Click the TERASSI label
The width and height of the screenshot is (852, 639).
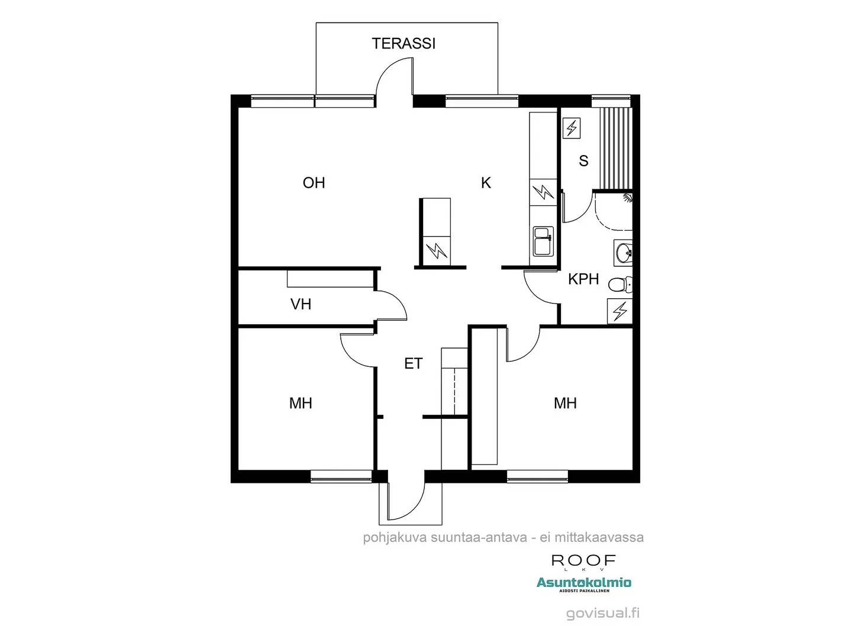(404, 43)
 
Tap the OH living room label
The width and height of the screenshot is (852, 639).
(314, 183)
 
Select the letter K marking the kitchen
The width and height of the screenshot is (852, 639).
(486, 183)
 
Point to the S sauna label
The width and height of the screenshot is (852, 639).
(583, 161)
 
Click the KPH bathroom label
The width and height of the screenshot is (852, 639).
(583, 279)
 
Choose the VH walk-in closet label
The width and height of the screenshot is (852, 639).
(301, 304)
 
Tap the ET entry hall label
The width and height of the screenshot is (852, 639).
(413, 363)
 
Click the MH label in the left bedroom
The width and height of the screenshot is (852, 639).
(301, 404)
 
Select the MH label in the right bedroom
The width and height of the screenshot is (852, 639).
(565, 404)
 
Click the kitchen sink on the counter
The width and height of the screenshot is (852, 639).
(543, 241)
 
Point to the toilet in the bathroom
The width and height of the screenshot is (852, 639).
(620, 285)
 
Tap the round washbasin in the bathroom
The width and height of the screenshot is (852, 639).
(623, 253)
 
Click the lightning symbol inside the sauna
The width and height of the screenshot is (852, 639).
(572, 128)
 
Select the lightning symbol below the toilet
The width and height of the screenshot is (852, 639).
(620, 311)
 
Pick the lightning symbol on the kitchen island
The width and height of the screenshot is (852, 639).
(437, 250)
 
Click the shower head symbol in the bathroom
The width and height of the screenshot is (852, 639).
(628, 198)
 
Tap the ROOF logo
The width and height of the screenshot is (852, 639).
(583, 561)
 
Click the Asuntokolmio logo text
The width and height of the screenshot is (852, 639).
(583, 583)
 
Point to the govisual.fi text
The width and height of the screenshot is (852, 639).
(602, 613)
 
